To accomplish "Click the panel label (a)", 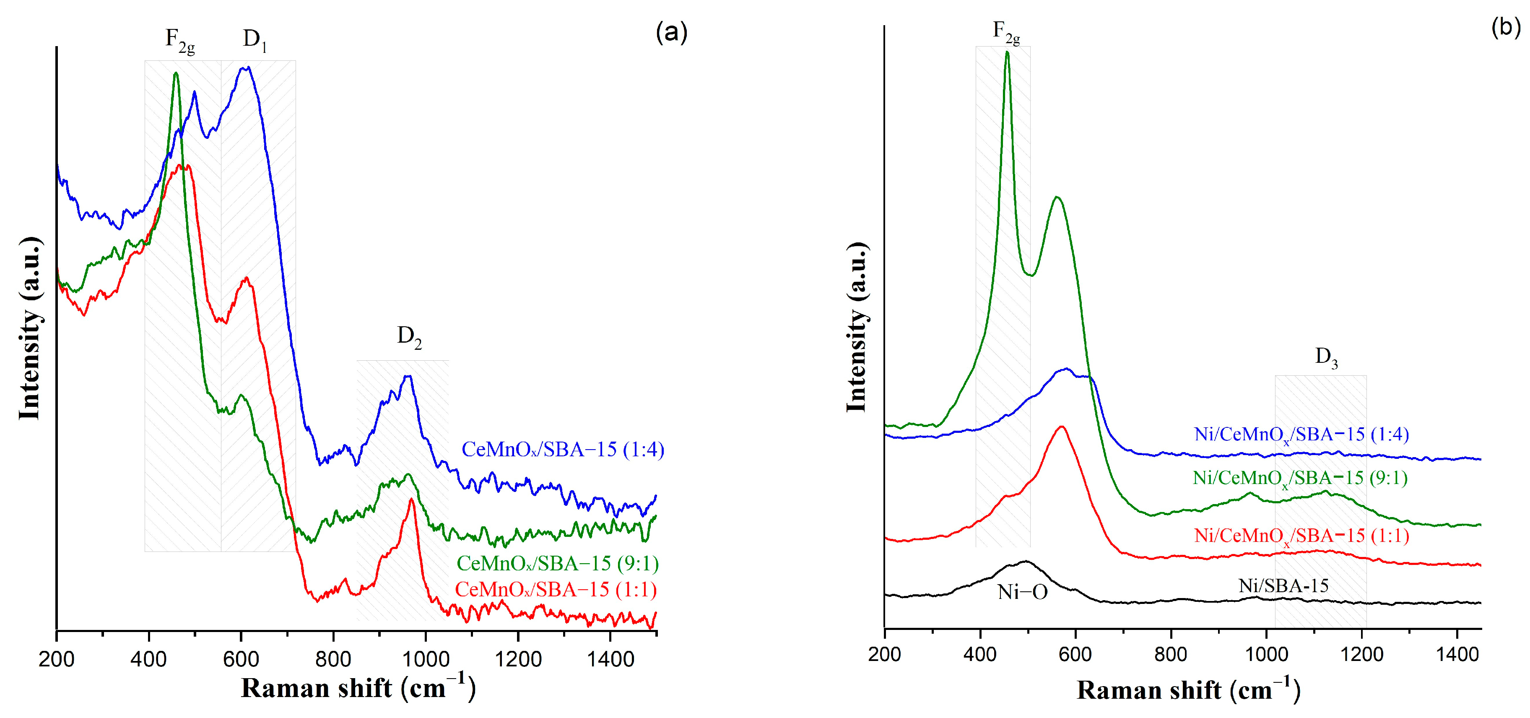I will [671, 32].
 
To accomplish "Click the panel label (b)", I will [1506, 27].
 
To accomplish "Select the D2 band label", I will [409, 337].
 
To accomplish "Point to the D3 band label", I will [1326, 357].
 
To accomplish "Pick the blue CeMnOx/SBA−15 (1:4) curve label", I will [562, 450].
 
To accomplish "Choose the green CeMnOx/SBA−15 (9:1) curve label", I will [557, 563].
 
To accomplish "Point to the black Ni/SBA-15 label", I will [1283, 586].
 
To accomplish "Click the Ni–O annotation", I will [1022, 592].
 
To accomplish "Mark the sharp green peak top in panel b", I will [1007, 53].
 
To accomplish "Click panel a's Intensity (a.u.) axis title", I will [30, 328].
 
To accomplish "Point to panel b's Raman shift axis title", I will [1188, 690].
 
